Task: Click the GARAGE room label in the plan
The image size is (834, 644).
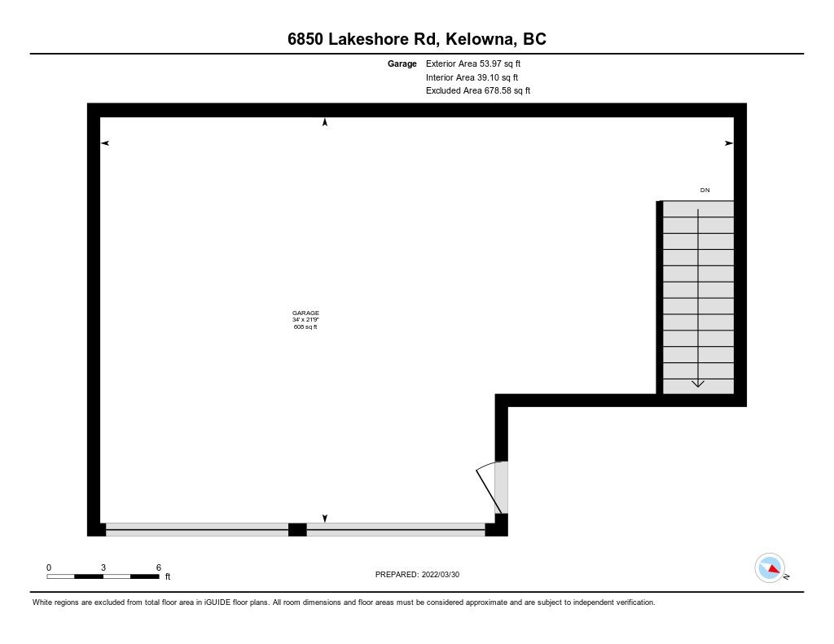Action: point(305,313)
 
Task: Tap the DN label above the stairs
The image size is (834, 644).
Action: point(705,190)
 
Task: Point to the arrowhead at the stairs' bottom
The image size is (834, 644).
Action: point(698,383)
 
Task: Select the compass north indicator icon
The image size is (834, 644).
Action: point(770,568)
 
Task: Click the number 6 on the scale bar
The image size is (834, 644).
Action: point(159,567)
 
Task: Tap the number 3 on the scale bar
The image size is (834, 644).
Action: point(103,567)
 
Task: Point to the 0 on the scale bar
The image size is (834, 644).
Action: point(49,567)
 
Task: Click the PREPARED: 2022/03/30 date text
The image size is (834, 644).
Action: point(417,574)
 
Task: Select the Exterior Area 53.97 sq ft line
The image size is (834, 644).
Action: point(473,64)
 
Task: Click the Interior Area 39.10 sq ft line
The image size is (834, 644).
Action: point(472,77)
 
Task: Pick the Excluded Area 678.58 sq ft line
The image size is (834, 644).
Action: point(477,91)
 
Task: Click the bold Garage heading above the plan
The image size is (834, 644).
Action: point(402,64)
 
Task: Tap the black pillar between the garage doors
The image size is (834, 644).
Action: point(297,530)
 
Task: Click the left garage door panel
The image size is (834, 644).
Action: point(197,530)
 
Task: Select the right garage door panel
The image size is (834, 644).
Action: point(396,530)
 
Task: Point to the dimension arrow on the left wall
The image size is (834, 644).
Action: point(105,143)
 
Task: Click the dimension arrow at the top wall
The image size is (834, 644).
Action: point(325,122)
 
